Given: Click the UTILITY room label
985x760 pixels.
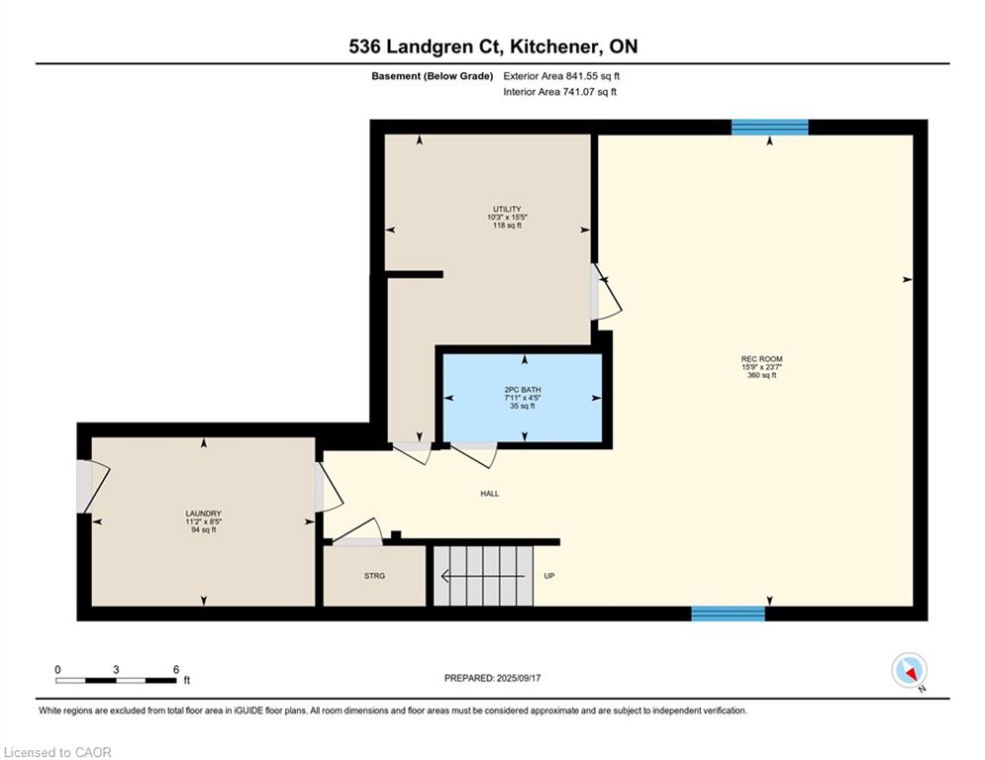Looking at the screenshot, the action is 507,209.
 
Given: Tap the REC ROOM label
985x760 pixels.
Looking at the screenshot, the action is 761,359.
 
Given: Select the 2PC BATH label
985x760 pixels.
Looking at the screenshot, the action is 523,390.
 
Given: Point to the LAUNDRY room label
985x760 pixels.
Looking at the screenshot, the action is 204,514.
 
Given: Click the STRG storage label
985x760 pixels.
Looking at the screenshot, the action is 374,576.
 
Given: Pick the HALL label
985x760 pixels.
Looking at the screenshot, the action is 490,494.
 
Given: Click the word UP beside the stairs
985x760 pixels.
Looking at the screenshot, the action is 549,576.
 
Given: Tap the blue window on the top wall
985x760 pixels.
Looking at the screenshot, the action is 769,127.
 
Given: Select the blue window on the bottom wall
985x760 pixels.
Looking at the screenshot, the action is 728,614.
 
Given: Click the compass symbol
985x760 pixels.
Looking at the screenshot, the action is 909,670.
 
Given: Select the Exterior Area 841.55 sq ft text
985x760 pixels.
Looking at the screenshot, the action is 561,76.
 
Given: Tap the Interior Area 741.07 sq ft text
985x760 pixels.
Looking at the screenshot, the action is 559,92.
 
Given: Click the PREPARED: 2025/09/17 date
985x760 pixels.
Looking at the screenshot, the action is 493,678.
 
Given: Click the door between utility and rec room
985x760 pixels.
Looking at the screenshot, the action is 606,293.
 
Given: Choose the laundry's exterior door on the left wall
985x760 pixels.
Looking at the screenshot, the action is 93,486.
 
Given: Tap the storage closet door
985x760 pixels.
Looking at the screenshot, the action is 356,533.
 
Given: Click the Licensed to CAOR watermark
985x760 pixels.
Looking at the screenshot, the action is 57,752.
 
